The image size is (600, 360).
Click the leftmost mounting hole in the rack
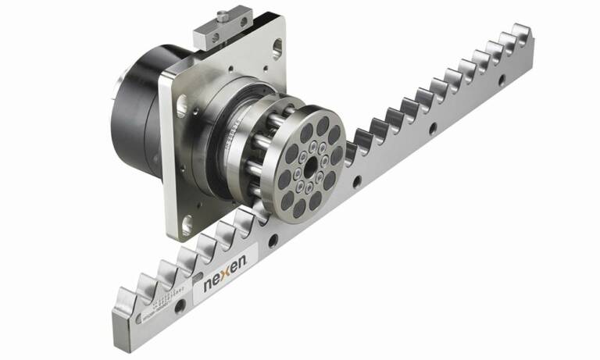click(180, 307)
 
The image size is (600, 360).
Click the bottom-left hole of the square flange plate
click(182, 227)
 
